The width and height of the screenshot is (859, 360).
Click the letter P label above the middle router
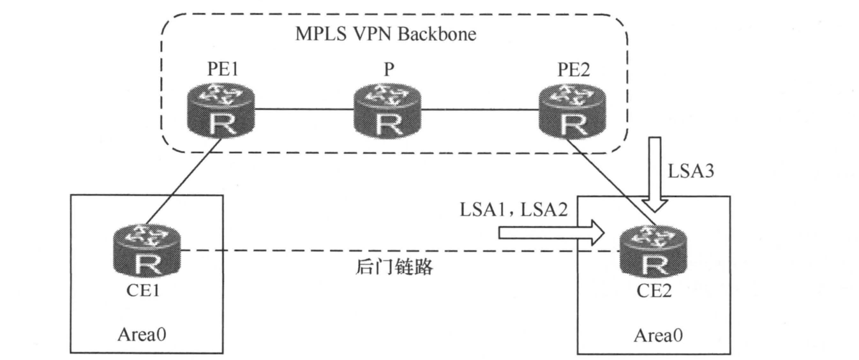[x=384, y=68]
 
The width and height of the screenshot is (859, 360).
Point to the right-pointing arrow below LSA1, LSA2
[x=550, y=232]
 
